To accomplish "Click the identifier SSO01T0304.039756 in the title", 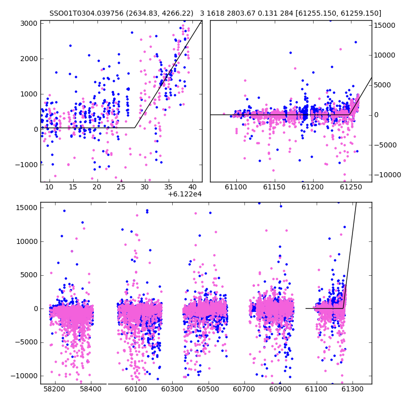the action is coord(86,13).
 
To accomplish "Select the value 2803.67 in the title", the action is coord(243,13).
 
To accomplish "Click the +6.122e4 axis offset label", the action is coord(185,194).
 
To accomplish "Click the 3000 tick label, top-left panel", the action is coord(29,23).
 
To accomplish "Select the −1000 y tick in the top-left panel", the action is coord(26,165).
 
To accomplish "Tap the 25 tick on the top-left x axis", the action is coord(121,187).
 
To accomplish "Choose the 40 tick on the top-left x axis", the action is coord(192,187).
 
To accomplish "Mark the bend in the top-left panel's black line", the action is coord(135,128).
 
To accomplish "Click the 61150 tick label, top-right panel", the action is coord(274,187).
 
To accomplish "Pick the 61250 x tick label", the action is coord(351,187).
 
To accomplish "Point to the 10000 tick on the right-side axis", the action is coord(385,55).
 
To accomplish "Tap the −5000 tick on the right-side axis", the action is coord(386,145).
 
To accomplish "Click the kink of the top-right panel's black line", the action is coord(349,115).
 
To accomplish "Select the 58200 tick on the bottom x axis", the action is coord(55,389).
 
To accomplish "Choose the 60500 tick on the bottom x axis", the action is coord(208,389).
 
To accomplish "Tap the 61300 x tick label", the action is coord(352,389).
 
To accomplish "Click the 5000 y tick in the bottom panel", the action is coord(29,275).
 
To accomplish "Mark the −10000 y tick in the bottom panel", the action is coord(24,376).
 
